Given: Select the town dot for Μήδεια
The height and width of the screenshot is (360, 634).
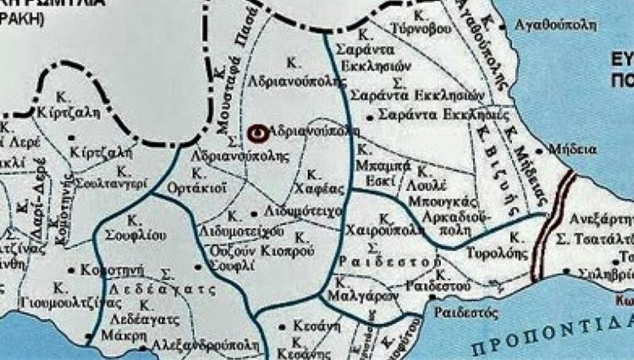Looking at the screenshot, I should pos(540,150).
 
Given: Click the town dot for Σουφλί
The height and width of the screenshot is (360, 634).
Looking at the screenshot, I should pos(198,267).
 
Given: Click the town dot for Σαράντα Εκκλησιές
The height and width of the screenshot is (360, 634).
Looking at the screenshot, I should pos(370,116).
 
